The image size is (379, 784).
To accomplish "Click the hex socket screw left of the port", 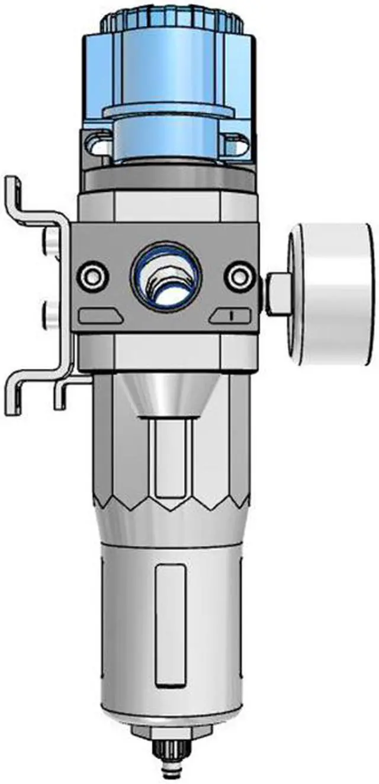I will pyautogui.click(x=93, y=276).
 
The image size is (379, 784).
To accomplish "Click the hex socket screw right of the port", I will pyautogui.click(x=240, y=276).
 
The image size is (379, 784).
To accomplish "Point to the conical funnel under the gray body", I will pyautogui.click(x=172, y=393).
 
